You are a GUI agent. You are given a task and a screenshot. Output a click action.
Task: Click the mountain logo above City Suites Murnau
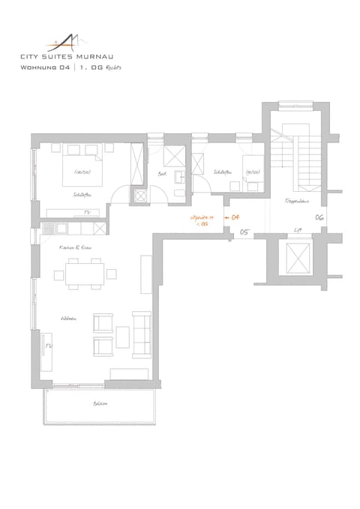[67, 40]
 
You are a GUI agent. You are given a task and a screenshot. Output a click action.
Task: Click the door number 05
[244, 233]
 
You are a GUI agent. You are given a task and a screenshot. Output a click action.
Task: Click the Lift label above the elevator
[298, 230]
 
